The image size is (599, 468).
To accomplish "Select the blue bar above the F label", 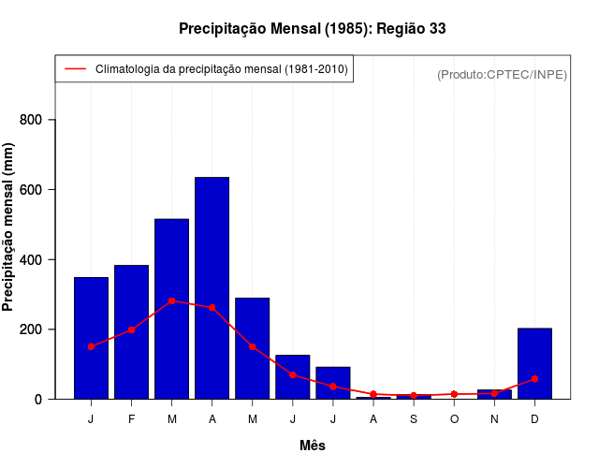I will (x=131, y=331).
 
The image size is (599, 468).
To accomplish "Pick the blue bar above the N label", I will (x=494, y=394).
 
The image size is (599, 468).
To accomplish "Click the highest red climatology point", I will (x=171, y=301).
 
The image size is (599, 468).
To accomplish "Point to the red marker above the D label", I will (x=534, y=379).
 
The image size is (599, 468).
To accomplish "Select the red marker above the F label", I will (x=131, y=329).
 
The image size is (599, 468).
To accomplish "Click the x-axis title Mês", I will (x=313, y=446).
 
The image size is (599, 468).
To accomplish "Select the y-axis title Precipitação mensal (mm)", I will (x=9, y=227).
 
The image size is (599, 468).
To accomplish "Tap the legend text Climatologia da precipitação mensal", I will (x=222, y=69).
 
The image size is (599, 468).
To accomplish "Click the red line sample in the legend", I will (x=75, y=69).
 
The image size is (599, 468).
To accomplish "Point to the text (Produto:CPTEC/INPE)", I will (x=502, y=74).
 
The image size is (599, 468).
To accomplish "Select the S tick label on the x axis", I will (x=414, y=419).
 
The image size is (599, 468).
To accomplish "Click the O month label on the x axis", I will (x=454, y=419).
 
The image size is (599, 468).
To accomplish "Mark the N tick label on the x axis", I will (x=494, y=419).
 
